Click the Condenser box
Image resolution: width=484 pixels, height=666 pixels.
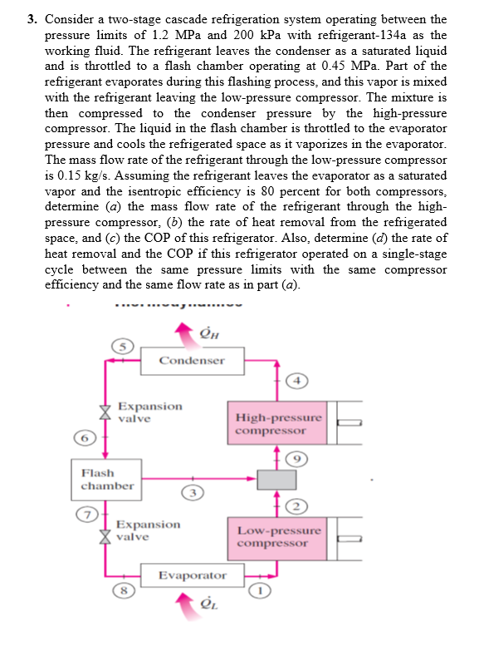tap(192, 361)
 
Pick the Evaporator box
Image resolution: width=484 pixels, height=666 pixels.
tap(192, 575)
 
